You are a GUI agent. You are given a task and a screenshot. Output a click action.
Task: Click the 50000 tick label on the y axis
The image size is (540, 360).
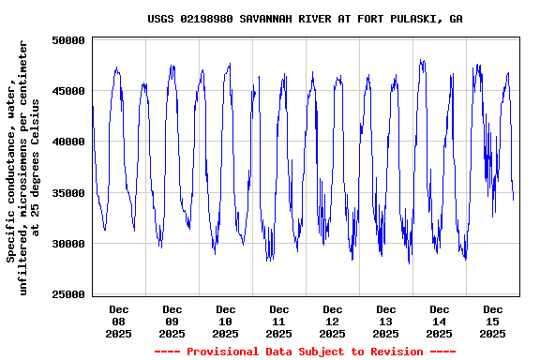pos(68,40)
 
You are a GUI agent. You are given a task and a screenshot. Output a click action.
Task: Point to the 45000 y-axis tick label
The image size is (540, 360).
pos(68,91)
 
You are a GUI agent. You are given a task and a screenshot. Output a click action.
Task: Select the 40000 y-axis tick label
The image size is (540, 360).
pos(68,142)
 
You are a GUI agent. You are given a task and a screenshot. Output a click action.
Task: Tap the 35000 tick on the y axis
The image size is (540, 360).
pos(68,193)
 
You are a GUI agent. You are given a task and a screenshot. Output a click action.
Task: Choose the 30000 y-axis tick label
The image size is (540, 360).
pos(68,244)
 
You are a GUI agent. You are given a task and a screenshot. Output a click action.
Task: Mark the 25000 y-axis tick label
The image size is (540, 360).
pos(68,294)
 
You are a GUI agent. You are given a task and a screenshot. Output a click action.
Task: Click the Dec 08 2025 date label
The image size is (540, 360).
pos(118,321)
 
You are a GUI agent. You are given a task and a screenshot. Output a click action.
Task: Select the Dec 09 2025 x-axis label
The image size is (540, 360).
pos(172,321)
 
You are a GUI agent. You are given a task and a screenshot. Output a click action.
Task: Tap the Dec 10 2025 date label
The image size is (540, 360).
pos(225,321)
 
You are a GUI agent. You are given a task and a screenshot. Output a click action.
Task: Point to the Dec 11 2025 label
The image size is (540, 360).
pos(278,321)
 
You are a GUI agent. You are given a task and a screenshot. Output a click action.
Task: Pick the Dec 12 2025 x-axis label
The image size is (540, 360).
pos(332,321)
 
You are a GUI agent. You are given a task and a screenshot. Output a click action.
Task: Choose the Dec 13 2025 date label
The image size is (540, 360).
pos(385,321)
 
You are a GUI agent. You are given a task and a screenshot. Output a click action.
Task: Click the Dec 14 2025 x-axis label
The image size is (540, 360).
pos(439,321)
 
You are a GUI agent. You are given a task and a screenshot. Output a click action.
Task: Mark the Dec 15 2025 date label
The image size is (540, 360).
pos(493,321)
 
